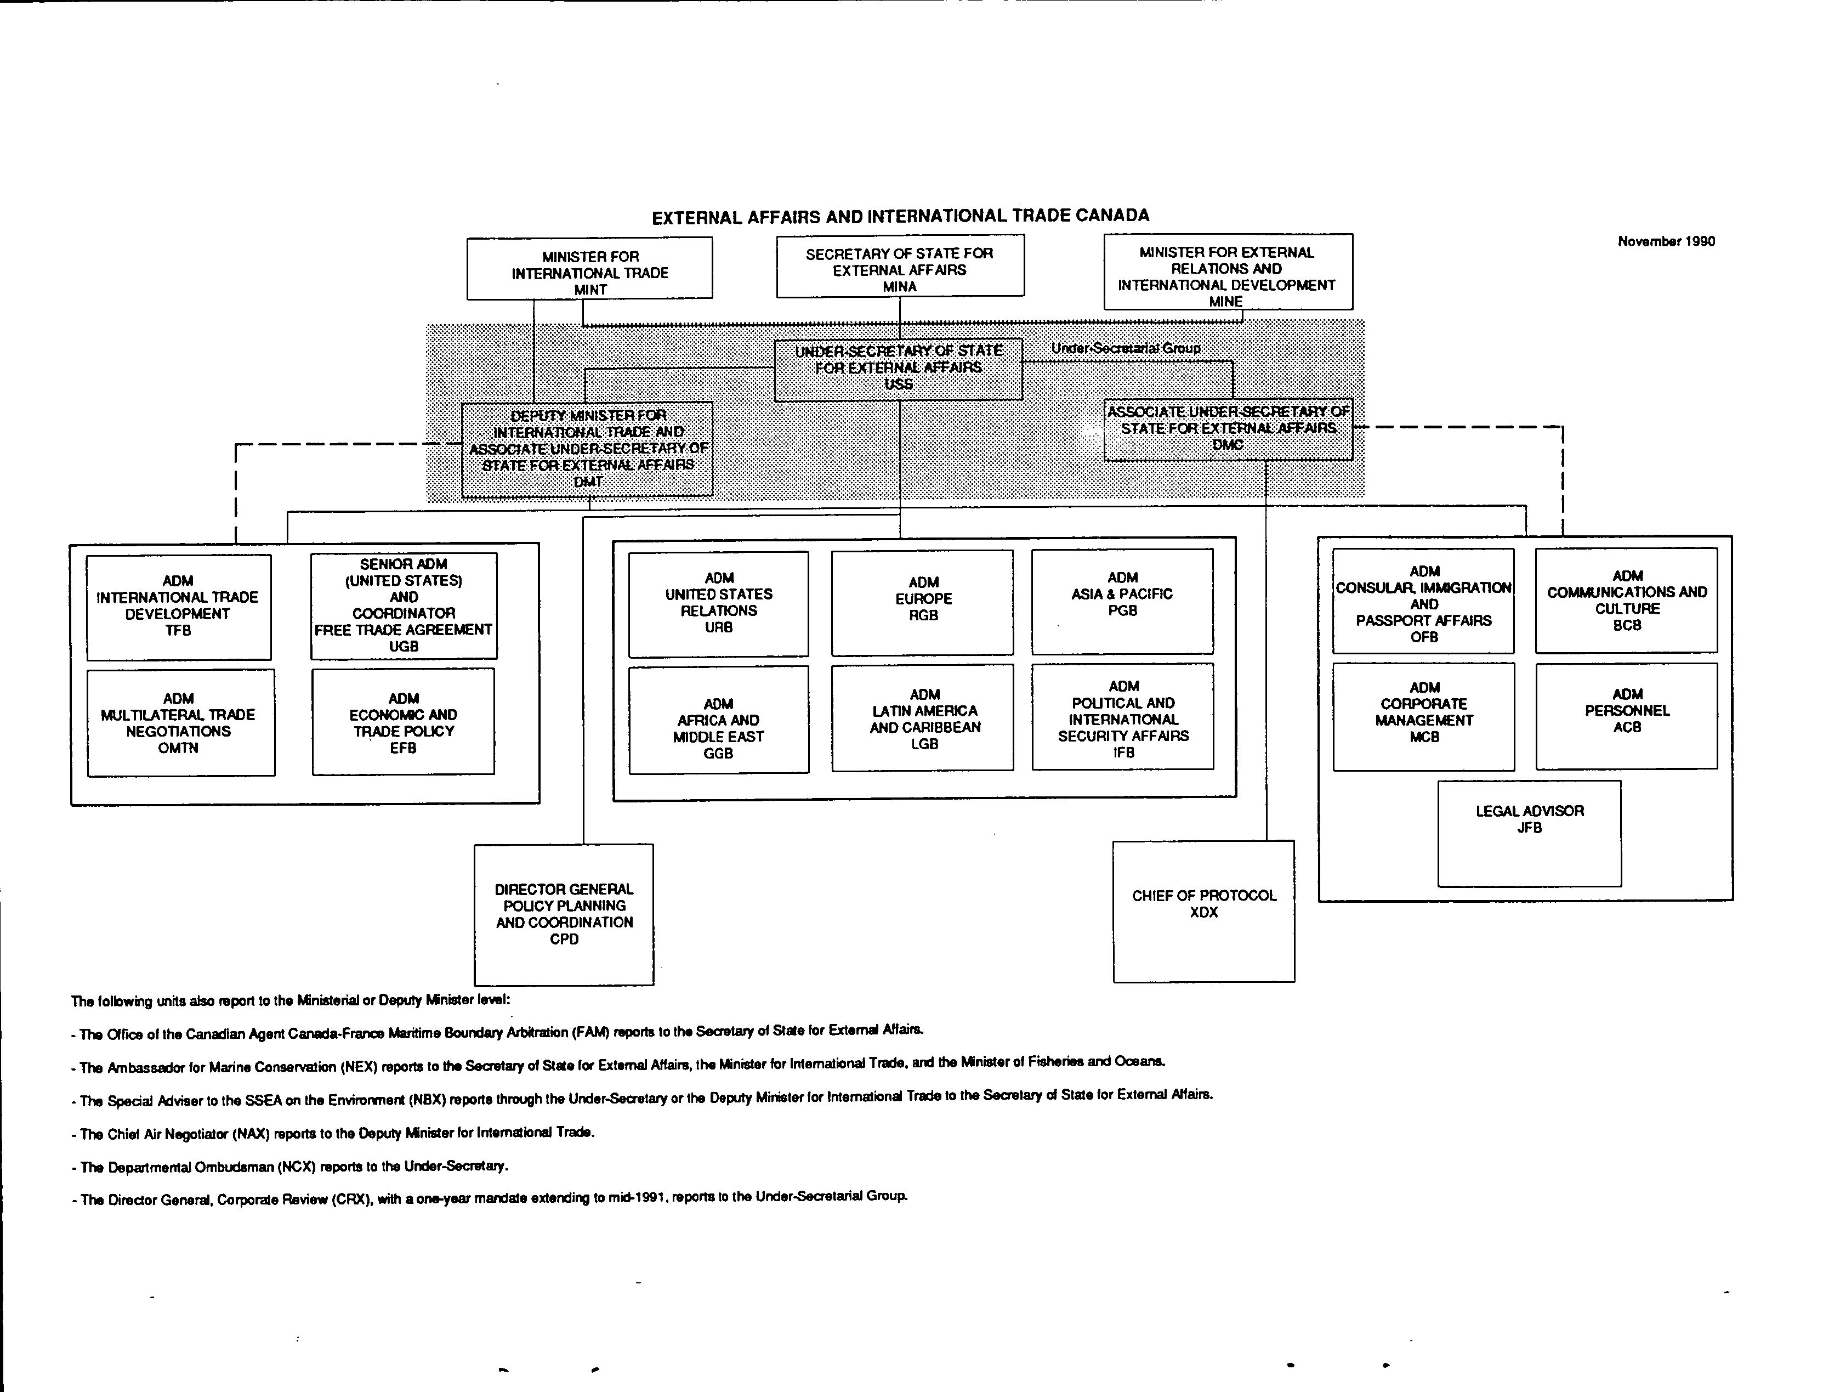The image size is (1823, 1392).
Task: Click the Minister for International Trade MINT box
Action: click(590, 268)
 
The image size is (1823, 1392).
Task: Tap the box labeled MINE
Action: click(1228, 272)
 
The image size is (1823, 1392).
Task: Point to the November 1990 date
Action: click(1666, 241)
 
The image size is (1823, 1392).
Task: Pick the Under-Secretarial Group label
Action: click(1126, 348)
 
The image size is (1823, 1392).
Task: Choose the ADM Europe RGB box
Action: click(923, 603)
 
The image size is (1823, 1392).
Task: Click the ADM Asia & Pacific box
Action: click(1122, 602)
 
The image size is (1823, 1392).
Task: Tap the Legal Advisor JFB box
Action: click(1530, 834)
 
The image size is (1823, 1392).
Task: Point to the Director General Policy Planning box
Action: click(564, 915)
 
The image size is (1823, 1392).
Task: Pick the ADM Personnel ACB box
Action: click(1627, 716)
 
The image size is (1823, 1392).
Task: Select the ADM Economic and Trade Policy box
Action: click(404, 722)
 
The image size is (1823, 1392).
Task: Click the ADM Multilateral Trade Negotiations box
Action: click(181, 722)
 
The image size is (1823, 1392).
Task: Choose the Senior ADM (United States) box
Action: click(404, 607)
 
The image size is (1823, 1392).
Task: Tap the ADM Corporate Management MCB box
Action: click(1424, 717)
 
